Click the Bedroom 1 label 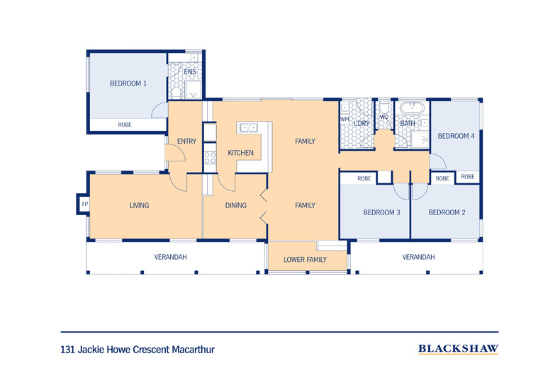pos(128,84)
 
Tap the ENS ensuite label pos(190,72)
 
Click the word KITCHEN pos(240,153)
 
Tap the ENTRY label pos(186,142)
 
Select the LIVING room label pos(139,206)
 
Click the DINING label pos(235,206)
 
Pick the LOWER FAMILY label pos(305,260)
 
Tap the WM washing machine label pos(345,119)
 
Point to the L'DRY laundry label pos(362,124)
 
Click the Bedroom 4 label pos(455,136)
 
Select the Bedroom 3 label pos(382,212)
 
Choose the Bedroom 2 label pos(447,212)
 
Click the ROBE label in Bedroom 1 pos(124,125)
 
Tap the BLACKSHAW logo pos(458,348)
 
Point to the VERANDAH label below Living pos(170,257)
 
